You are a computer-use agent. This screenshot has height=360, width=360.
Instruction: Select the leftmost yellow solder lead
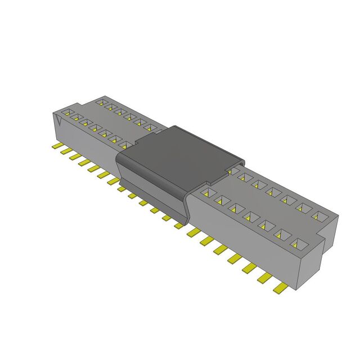[57, 147]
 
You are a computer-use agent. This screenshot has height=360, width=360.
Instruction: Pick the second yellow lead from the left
[66, 152]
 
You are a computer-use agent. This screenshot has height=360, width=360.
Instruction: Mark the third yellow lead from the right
[249, 268]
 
